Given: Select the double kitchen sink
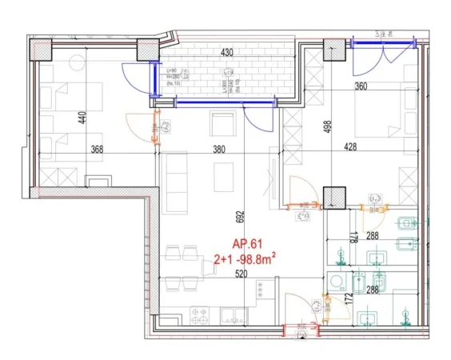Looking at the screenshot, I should coord(229,314).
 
